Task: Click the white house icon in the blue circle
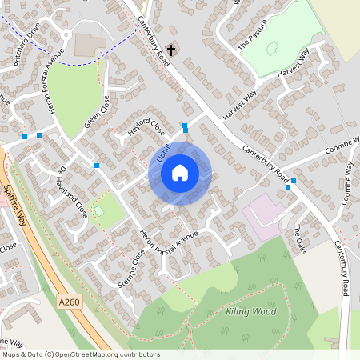coord(180,173)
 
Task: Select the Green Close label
coord(96,114)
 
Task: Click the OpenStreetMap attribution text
coord(80,354)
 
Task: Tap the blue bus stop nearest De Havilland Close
coord(97,165)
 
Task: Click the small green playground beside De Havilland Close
coord(99,210)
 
